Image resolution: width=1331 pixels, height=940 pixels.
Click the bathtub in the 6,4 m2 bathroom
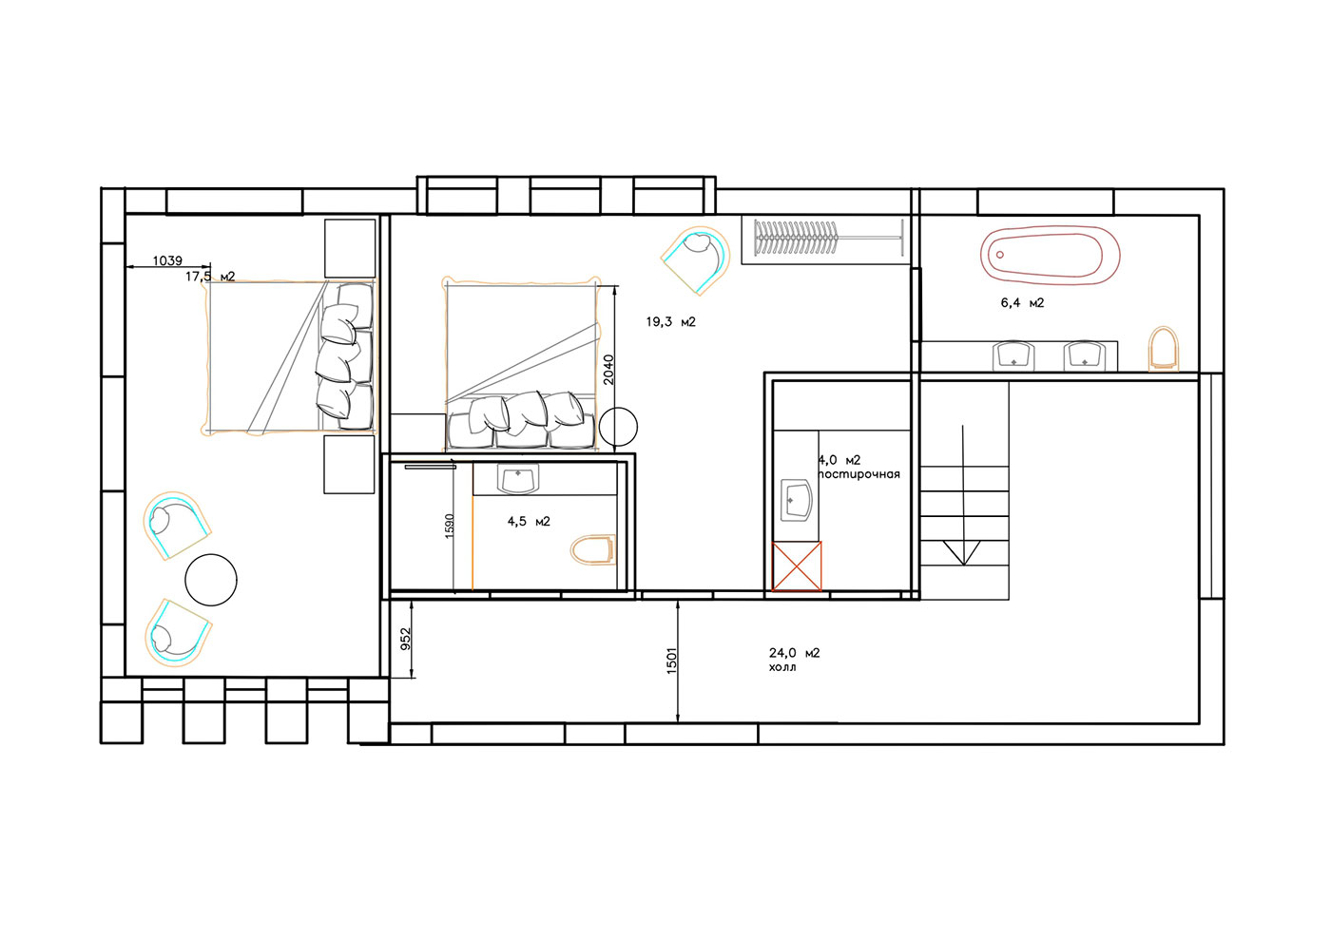click(x=1050, y=256)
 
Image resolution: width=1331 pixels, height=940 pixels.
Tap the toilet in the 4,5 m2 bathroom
click(x=593, y=549)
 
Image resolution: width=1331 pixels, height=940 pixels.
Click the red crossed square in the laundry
click(x=797, y=566)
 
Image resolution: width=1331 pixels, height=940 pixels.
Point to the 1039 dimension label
click(x=167, y=260)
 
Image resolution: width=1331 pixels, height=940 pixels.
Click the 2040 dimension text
click(x=608, y=370)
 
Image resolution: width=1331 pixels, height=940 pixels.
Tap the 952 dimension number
click(x=406, y=639)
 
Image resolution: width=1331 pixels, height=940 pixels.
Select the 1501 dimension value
click(x=671, y=661)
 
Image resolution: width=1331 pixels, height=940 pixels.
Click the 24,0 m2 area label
click(x=795, y=653)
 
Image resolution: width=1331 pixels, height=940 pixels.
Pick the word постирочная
click(x=859, y=474)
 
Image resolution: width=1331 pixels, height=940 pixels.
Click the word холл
click(x=782, y=667)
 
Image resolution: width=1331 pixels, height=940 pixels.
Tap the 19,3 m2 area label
click(x=671, y=322)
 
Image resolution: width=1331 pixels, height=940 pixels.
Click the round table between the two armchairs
click(x=211, y=580)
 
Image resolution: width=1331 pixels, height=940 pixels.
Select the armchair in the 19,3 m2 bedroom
click(x=696, y=259)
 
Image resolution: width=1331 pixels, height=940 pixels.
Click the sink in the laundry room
click(x=797, y=500)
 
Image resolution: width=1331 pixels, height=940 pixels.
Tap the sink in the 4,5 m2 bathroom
click(x=518, y=479)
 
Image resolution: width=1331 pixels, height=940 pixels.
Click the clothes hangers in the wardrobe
click(x=797, y=239)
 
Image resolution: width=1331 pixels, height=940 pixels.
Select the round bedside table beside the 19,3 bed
click(x=619, y=427)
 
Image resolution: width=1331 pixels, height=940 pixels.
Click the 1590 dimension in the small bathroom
click(x=450, y=526)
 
